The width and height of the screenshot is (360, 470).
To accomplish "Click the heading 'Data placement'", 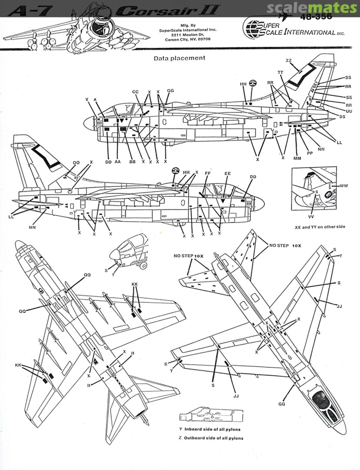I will coord(179,57).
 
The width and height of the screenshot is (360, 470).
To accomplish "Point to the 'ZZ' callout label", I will coord(289,60).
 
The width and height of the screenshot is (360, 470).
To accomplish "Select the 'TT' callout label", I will coord(280,72).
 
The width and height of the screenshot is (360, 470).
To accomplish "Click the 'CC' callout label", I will coord(135,92).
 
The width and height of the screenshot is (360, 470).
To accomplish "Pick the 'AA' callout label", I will coord(118,162).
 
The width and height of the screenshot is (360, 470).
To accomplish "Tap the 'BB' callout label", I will coord(132,162).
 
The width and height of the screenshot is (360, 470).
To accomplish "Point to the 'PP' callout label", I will coord(310,153).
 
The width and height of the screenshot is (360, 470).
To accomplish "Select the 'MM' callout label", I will coord(297,158).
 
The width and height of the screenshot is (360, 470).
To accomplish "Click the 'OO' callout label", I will coord(76,162).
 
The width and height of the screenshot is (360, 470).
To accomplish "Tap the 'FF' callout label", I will coord(208,173).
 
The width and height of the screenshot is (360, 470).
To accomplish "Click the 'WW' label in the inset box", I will coord(344,186).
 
